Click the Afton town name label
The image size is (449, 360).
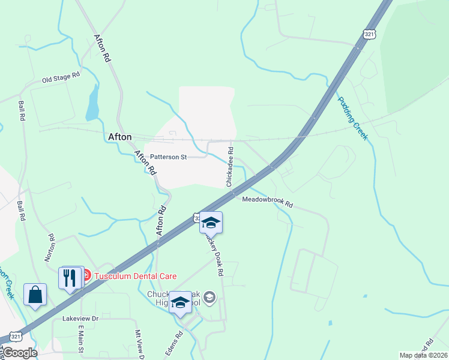click(119, 137)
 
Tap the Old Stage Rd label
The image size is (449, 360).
click(61, 78)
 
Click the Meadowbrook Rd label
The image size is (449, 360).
click(267, 202)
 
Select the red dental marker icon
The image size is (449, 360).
click(85, 275)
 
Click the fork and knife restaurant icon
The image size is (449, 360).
click(70, 277)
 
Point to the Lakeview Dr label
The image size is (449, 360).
click(80, 318)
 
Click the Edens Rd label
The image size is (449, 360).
click(178, 343)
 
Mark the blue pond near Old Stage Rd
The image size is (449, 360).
click(92, 103)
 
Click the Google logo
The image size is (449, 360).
click(19, 353)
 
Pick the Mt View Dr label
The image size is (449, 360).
click(140, 344)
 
